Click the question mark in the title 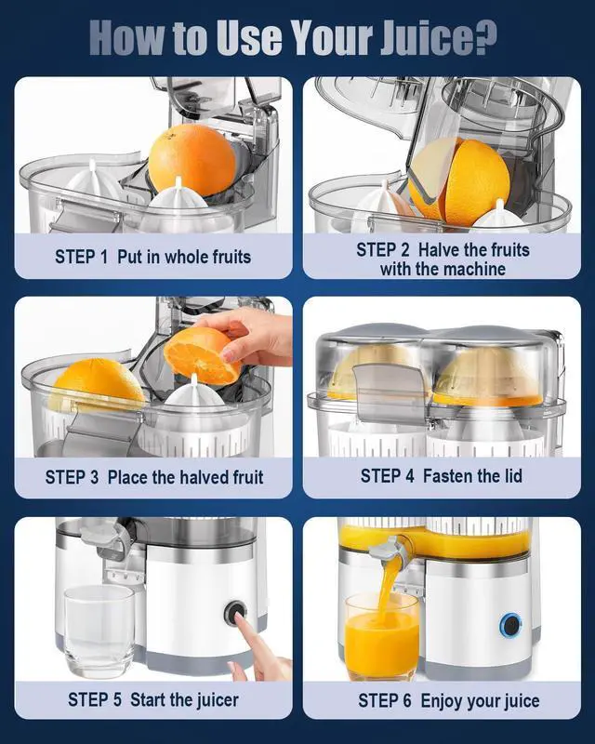coord(485,37)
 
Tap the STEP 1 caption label coord(82,257)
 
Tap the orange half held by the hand coord(201,355)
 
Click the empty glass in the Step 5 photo coord(99,630)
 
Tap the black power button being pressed coord(235,615)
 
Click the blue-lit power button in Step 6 coord(509,625)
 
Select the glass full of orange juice coord(381,637)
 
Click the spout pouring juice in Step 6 coord(385,551)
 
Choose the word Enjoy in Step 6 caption coord(442,700)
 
